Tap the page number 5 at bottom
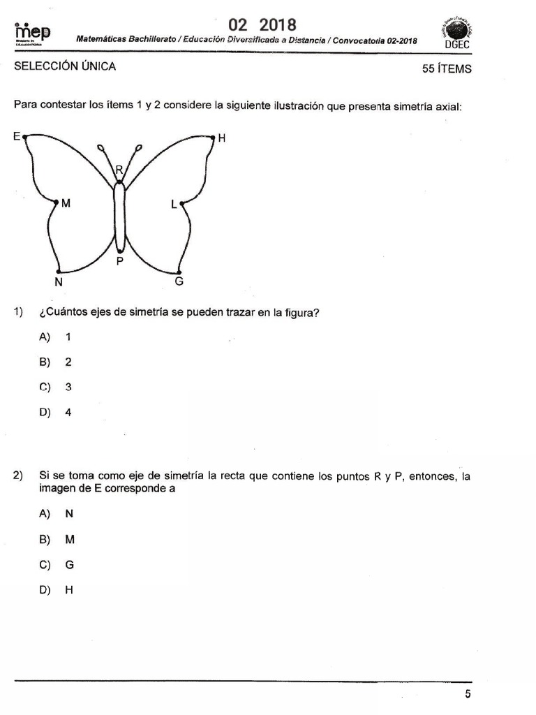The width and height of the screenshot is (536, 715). click(468, 693)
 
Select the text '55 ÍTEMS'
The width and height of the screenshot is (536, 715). click(447, 68)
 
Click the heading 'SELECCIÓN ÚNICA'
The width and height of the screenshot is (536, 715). click(65, 67)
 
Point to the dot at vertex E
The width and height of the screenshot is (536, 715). click(25, 138)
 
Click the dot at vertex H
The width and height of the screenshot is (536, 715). click(212, 138)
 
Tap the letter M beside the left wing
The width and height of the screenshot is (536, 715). click(66, 204)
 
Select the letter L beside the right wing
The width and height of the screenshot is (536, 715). click(174, 205)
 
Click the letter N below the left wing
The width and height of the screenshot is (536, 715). click(59, 282)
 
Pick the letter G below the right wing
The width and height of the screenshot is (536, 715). click(179, 282)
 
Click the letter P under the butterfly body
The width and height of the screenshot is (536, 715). click(120, 261)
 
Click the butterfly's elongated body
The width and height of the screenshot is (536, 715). click(120, 216)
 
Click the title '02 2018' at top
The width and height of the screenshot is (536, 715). click(262, 25)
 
